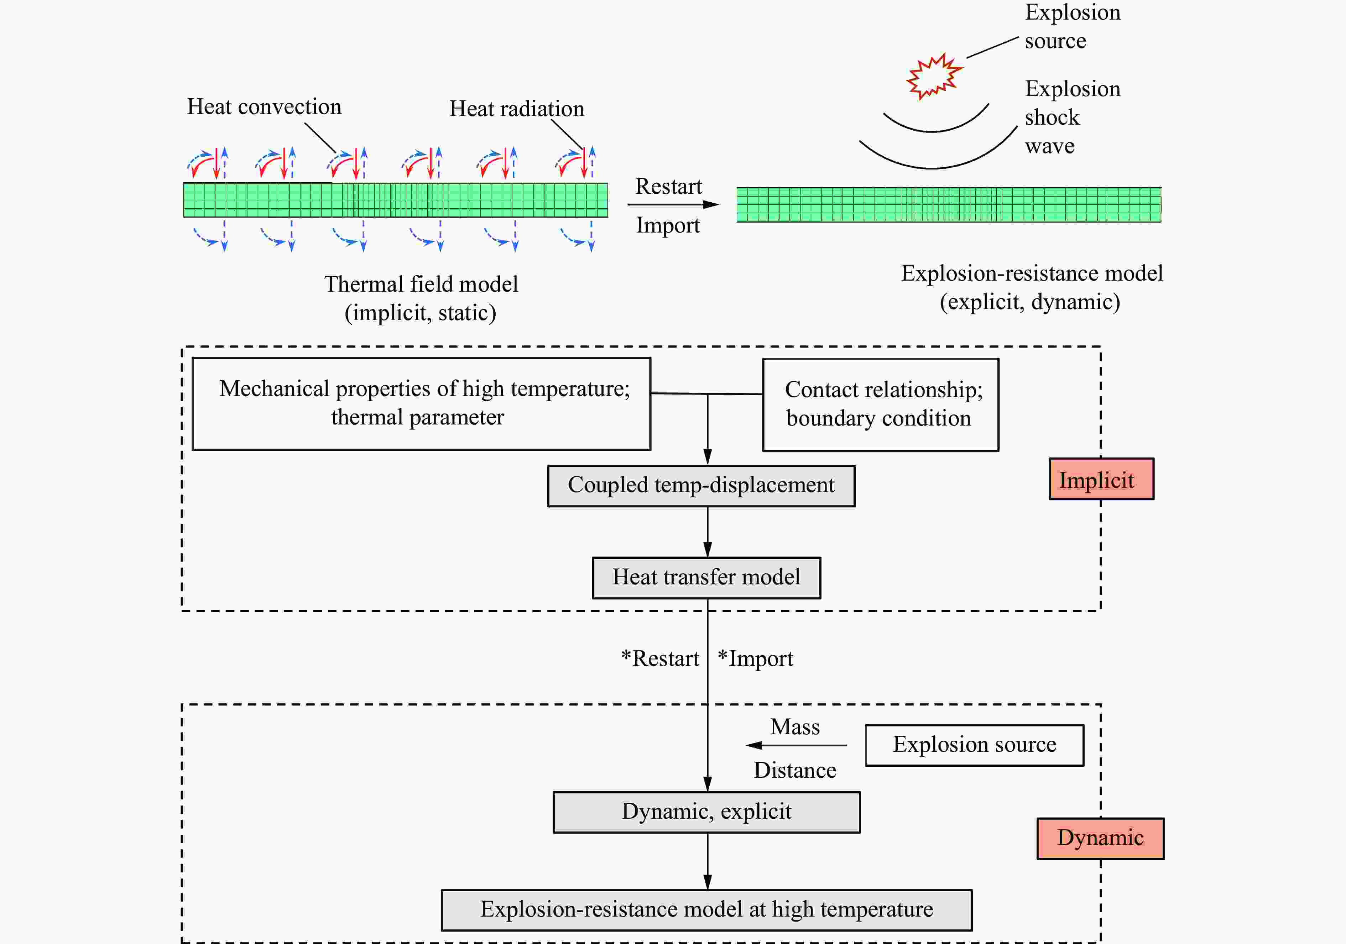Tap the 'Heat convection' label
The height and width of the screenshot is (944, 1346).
click(x=264, y=107)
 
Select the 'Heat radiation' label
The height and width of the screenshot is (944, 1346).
click(x=516, y=109)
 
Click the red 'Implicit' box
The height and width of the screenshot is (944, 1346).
click(x=1101, y=479)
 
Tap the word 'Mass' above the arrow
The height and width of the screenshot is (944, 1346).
click(x=795, y=727)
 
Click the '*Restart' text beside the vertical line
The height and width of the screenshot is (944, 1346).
click(x=660, y=658)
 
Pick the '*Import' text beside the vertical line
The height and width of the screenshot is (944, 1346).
click(x=756, y=658)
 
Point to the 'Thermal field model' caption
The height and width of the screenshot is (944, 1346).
click(x=421, y=285)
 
